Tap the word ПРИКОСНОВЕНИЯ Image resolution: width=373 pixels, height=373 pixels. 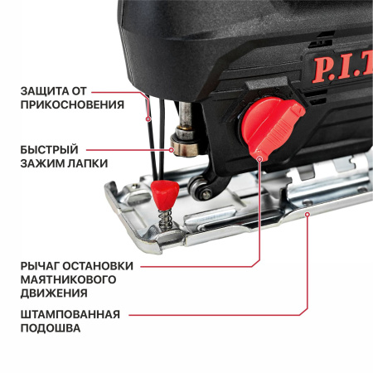click(72, 105)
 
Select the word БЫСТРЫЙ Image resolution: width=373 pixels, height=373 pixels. click(50, 150)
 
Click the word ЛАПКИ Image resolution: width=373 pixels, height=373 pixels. click(88, 163)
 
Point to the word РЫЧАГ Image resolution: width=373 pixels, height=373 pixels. click(40, 266)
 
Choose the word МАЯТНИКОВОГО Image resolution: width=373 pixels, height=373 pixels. click(68, 279)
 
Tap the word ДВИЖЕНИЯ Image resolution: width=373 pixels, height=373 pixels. click(54, 293)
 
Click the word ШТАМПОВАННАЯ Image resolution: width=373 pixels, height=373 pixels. click(70, 315)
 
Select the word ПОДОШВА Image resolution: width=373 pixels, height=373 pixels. click(51, 328)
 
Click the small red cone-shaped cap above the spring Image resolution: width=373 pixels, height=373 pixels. click(165, 194)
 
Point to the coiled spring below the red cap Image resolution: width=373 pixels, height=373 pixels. click(165, 218)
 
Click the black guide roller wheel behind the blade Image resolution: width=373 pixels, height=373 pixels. click(198, 188)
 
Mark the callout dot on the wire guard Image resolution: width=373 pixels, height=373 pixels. click(148, 119)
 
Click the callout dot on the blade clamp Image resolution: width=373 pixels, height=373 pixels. click(172, 150)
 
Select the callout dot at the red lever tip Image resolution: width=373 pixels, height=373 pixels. click(259, 159)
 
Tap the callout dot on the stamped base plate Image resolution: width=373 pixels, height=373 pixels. click(307, 215)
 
